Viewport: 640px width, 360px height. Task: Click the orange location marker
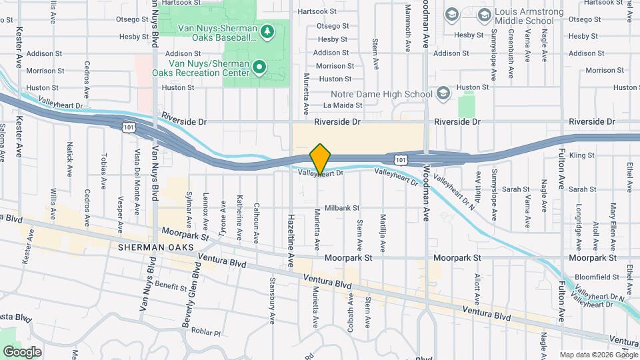point(321,159)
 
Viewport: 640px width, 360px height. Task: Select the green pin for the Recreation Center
point(259,67)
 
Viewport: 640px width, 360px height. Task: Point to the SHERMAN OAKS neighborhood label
point(155,247)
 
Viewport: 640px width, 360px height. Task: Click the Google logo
point(22,351)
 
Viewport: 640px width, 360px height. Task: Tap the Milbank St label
point(342,208)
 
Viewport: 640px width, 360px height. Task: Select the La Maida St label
point(342,105)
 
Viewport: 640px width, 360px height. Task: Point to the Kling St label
point(581,155)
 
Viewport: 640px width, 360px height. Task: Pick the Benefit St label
point(171,287)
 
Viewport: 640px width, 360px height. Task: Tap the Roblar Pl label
point(203,332)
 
